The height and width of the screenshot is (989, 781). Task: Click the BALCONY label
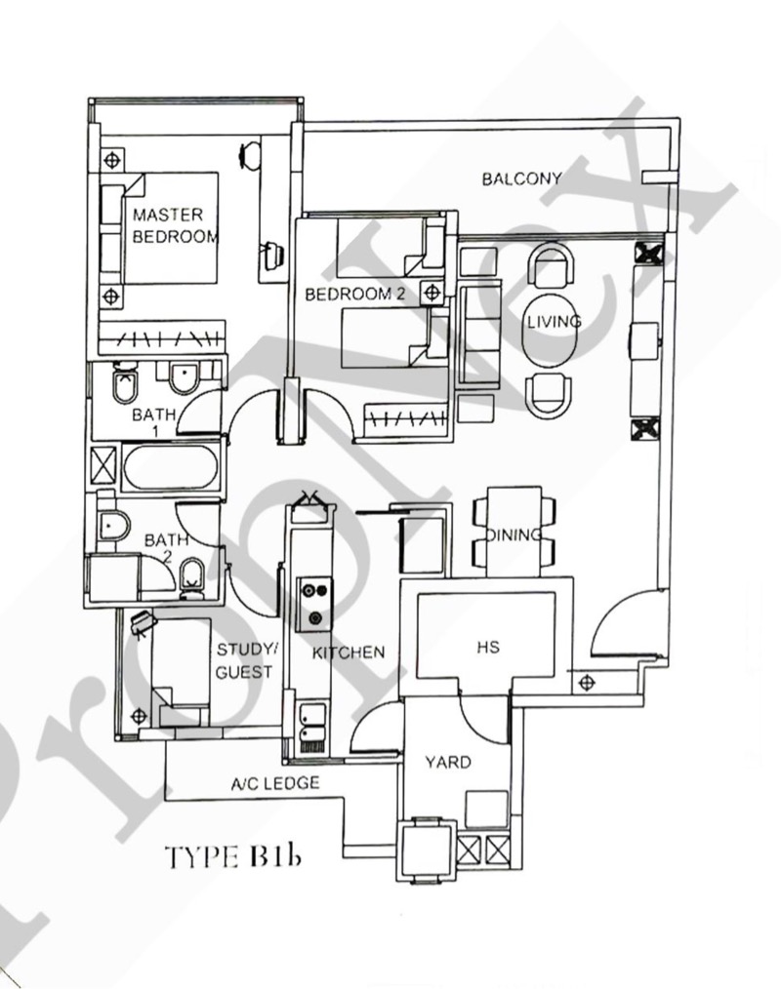pyautogui.click(x=521, y=179)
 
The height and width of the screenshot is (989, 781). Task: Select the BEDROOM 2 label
pyautogui.click(x=354, y=294)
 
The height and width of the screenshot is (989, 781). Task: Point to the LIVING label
pyautogui.click(x=555, y=322)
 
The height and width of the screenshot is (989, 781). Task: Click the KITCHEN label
pyautogui.click(x=349, y=653)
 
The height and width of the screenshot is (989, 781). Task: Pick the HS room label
pyautogui.click(x=488, y=647)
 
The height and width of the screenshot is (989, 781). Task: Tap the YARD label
pyautogui.click(x=448, y=762)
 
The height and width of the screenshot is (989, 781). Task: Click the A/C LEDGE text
pyautogui.click(x=274, y=784)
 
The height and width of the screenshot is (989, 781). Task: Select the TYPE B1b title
pyautogui.click(x=232, y=856)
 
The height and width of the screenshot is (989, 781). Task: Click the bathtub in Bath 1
pyautogui.click(x=170, y=467)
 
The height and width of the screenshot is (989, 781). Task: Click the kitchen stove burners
pyautogui.click(x=315, y=604)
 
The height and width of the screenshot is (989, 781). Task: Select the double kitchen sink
pyautogui.click(x=313, y=728)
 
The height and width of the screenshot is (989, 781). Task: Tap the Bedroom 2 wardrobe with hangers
pyautogui.click(x=406, y=416)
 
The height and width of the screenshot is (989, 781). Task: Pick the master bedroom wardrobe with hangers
pyautogui.click(x=162, y=338)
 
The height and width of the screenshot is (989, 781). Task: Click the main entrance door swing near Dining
pyautogui.click(x=625, y=624)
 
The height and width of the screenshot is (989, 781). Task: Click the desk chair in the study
pyautogui.click(x=144, y=623)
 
